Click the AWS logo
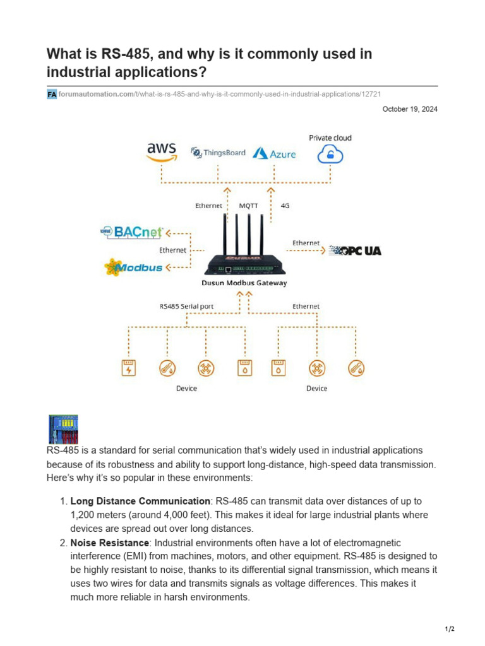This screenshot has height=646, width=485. tap(161, 151)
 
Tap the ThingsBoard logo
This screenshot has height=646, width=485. tap(218, 152)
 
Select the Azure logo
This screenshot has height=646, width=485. tap(274, 153)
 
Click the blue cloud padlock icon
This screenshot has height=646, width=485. tap(330, 153)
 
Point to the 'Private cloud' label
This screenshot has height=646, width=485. tap(330, 138)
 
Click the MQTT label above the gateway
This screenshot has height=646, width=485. tap(248, 205)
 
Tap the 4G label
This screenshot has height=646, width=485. tap(284, 205)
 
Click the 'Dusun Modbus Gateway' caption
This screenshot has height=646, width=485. tap(244, 283)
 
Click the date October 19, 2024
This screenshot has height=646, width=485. tap(410, 109)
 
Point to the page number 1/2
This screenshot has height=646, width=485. tap(450, 629)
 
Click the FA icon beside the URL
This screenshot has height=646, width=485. tap(52, 94)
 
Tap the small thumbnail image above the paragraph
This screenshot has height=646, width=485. tap(63, 430)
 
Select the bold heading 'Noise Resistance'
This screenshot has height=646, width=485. tap(109, 543)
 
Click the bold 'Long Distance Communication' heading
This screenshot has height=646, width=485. tap(140, 501)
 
